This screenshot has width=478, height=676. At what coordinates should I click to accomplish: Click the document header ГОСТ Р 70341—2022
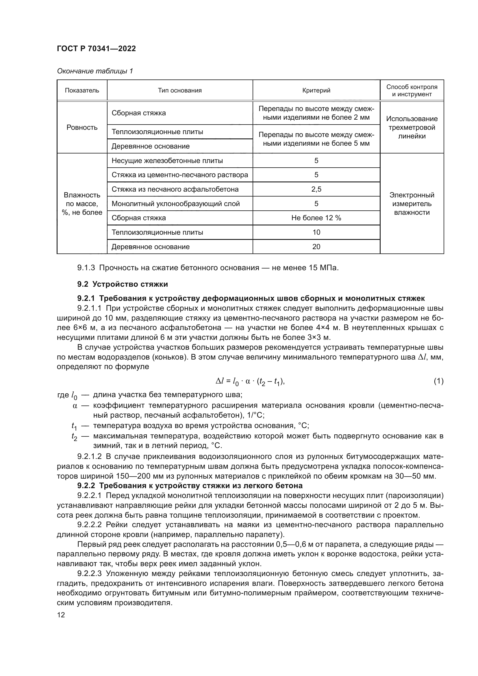click(x=96, y=49)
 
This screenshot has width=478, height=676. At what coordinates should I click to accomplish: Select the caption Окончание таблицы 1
click(x=95, y=71)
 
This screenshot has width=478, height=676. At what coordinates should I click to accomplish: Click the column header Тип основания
click(x=179, y=90)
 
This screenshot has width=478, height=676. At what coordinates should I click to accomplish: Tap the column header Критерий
click(x=316, y=90)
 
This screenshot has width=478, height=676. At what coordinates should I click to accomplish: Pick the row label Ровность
click(x=82, y=127)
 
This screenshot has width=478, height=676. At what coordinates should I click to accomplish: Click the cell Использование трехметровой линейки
click(x=412, y=127)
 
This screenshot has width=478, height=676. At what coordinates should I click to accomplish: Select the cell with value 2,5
click(x=316, y=189)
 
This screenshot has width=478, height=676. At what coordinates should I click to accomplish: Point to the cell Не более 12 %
click(x=316, y=218)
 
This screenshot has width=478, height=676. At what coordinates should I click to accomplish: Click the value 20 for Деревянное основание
click(x=316, y=247)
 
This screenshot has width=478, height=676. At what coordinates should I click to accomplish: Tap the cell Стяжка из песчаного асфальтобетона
click(x=175, y=189)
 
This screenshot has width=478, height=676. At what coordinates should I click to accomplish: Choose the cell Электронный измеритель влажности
click(x=412, y=204)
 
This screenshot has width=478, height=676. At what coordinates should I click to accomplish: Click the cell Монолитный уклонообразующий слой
click(x=175, y=204)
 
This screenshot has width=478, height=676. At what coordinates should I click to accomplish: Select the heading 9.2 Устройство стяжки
click(x=123, y=284)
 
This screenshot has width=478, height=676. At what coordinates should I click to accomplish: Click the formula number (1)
click(x=438, y=381)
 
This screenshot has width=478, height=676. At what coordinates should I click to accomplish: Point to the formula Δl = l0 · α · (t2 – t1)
click(x=250, y=382)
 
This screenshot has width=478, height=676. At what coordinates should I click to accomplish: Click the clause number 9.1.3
click(x=86, y=268)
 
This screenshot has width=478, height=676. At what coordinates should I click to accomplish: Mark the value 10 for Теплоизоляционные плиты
click(x=316, y=232)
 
